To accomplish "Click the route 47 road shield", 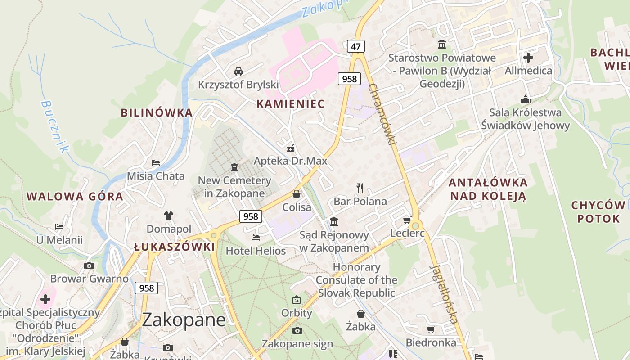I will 356,46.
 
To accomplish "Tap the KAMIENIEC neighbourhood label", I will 290,104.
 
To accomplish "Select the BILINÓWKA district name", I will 157,113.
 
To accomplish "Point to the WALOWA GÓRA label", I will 75,197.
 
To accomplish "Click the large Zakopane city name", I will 184,320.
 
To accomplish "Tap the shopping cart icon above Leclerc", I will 407,220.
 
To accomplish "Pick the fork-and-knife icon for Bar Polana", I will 360,188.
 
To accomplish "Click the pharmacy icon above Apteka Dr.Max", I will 291,147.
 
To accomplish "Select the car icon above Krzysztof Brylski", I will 238,71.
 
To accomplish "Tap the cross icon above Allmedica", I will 528,58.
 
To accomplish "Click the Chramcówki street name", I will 382,114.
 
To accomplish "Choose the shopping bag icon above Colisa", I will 297,194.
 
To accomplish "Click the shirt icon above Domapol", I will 169,216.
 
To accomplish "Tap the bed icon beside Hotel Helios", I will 256,237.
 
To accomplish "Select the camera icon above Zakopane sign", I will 297,331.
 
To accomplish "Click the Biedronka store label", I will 431,342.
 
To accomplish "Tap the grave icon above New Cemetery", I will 234,167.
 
